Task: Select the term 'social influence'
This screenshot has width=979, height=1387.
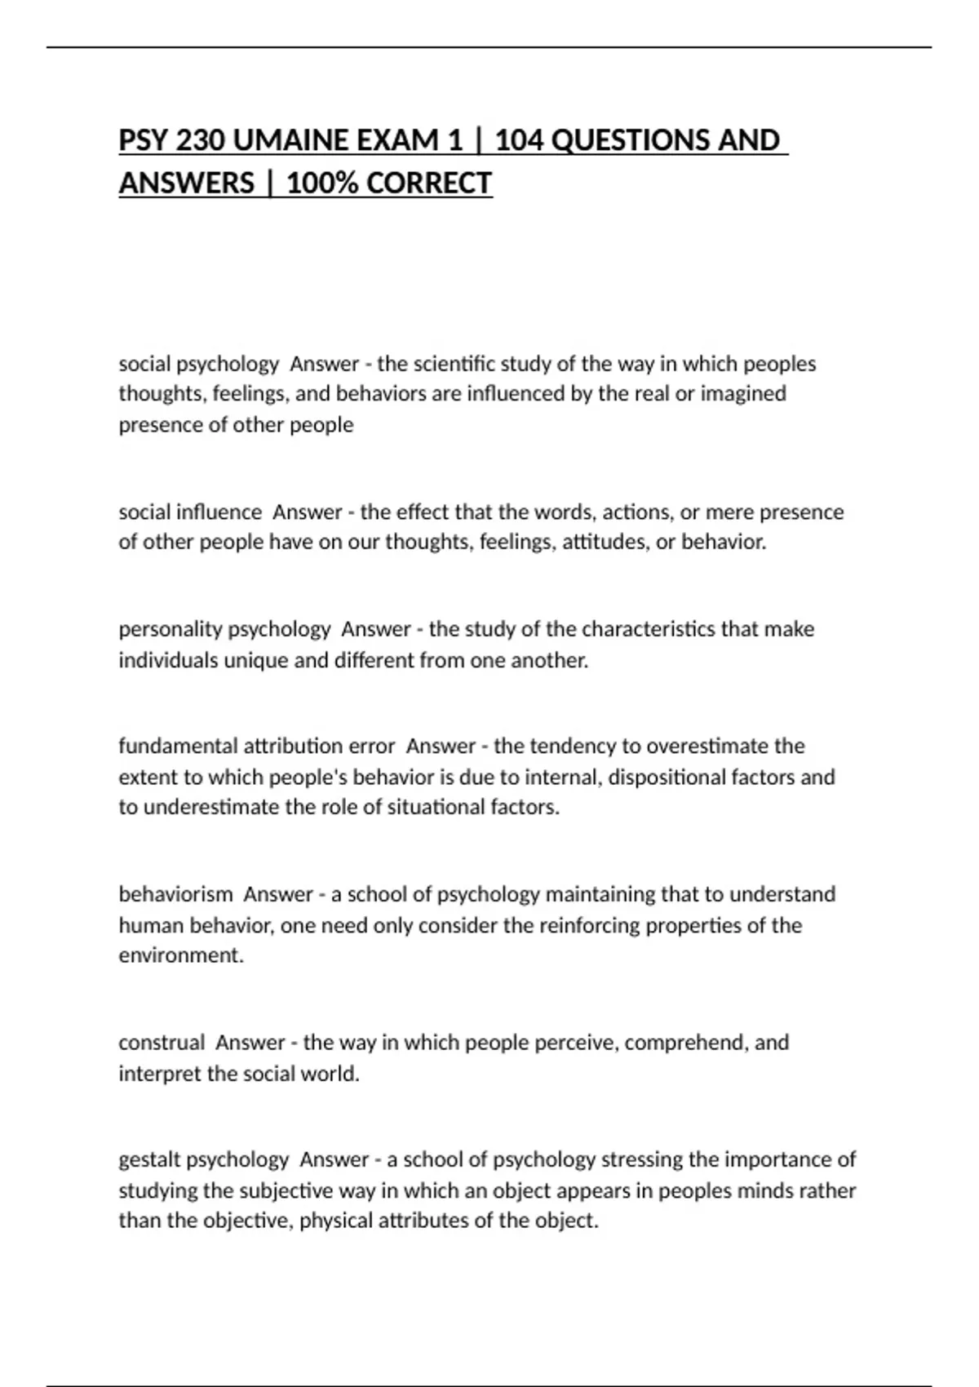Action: [x=190, y=512]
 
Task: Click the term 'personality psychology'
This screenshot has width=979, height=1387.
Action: [x=224, y=629]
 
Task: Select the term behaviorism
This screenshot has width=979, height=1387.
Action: [x=175, y=894]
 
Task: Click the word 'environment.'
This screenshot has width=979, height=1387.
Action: [x=181, y=955]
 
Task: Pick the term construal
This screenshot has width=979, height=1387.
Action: [x=162, y=1043]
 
